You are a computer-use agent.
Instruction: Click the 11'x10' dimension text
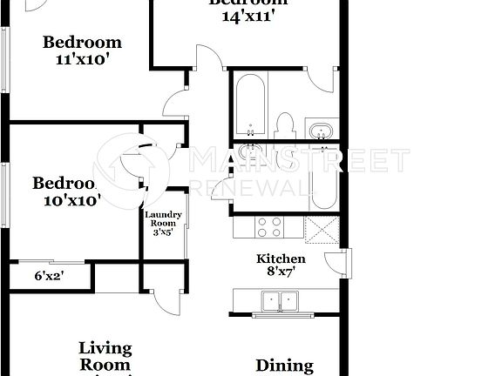[x=83, y=60]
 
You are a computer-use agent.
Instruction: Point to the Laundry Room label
[x=163, y=219]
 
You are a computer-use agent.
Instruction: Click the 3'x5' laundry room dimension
[x=163, y=232]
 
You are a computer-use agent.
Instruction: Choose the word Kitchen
[x=280, y=258]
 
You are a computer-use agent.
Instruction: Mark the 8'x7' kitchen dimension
[x=280, y=272]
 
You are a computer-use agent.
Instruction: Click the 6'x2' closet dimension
[x=49, y=277]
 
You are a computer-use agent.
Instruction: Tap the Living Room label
[x=105, y=357]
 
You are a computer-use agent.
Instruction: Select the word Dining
[x=284, y=366]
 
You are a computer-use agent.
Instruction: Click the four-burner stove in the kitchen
[x=269, y=227]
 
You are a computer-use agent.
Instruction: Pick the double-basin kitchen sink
[x=280, y=302]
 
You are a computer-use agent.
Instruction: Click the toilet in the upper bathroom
[x=284, y=125]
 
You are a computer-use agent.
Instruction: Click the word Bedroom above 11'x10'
[x=83, y=43]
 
